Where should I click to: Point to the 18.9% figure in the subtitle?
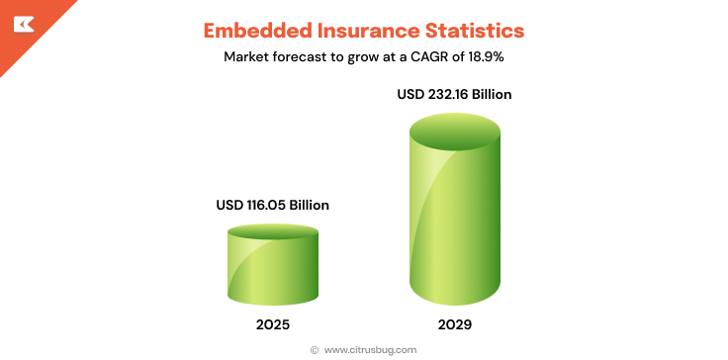tap(486, 56)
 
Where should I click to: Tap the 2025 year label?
tap(272, 323)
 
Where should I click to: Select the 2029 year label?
tap(454, 323)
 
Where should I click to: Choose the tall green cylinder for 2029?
tap(454, 218)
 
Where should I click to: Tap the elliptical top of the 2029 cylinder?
tap(454, 131)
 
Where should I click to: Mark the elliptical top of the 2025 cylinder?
tap(272, 231)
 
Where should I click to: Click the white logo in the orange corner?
tap(23, 22)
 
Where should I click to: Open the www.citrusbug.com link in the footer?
tap(370, 349)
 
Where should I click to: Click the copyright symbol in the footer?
tap(315, 349)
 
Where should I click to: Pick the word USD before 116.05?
tap(229, 205)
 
